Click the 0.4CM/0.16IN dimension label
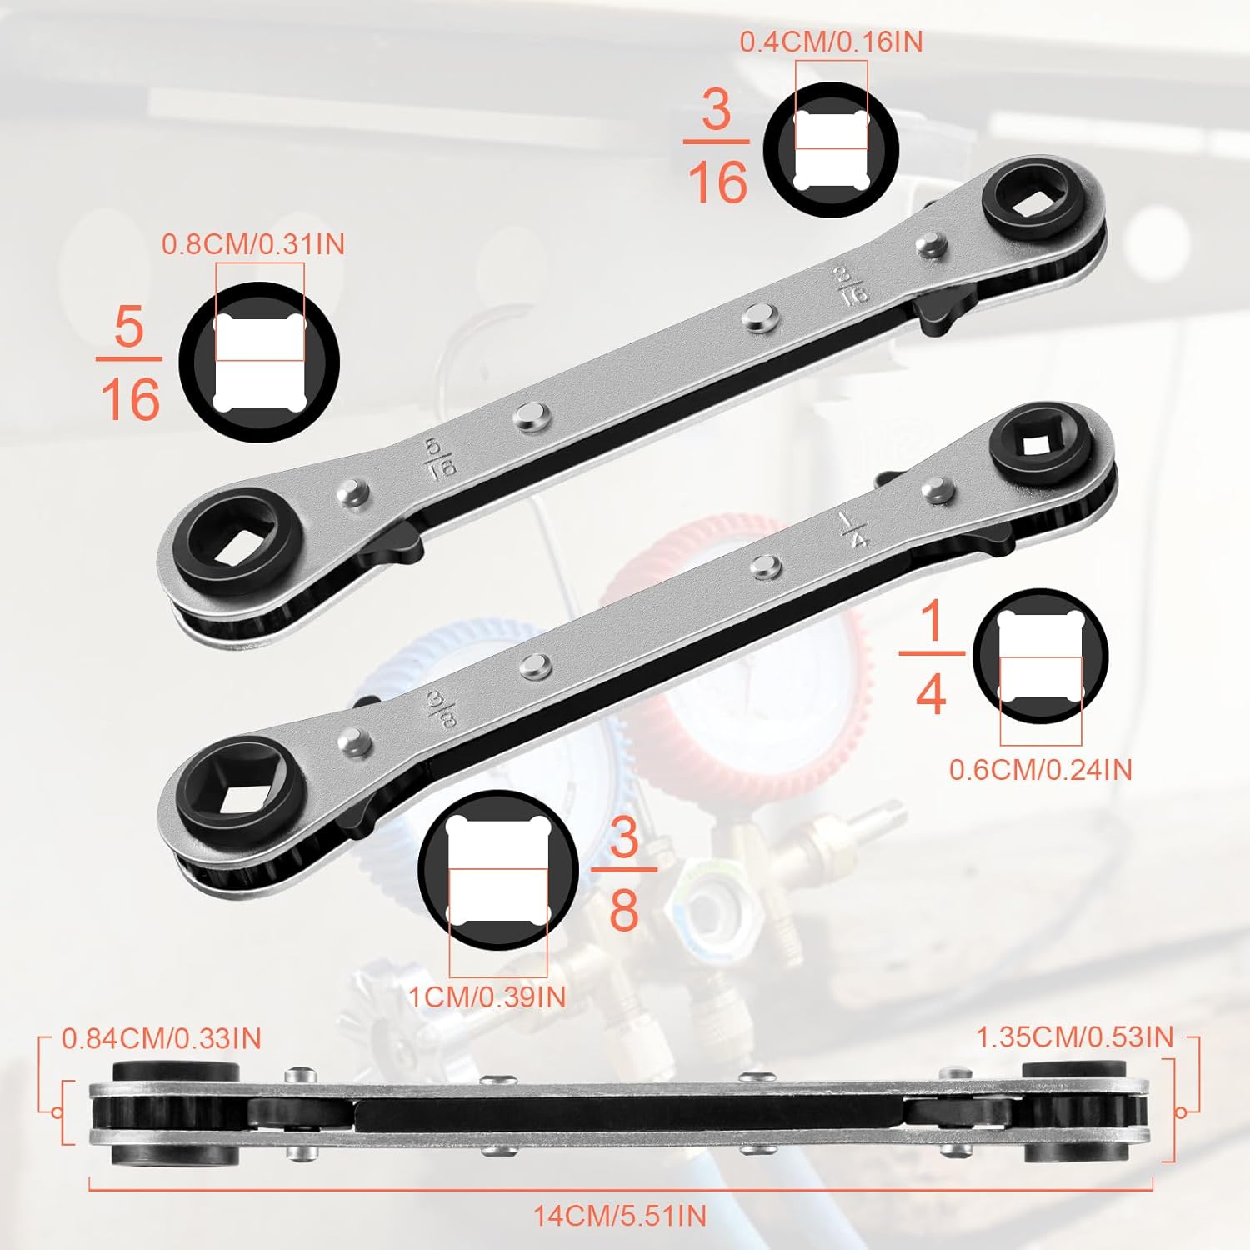click(831, 42)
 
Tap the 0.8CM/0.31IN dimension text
click(253, 244)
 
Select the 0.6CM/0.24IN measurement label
click(1041, 769)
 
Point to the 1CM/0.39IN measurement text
click(487, 997)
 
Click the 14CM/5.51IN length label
click(620, 1216)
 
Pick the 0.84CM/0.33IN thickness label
click(162, 1038)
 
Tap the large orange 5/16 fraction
click(129, 362)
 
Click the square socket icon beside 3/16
click(831, 151)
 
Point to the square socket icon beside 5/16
click(260, 362)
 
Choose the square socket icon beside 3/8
click(498, 870)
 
